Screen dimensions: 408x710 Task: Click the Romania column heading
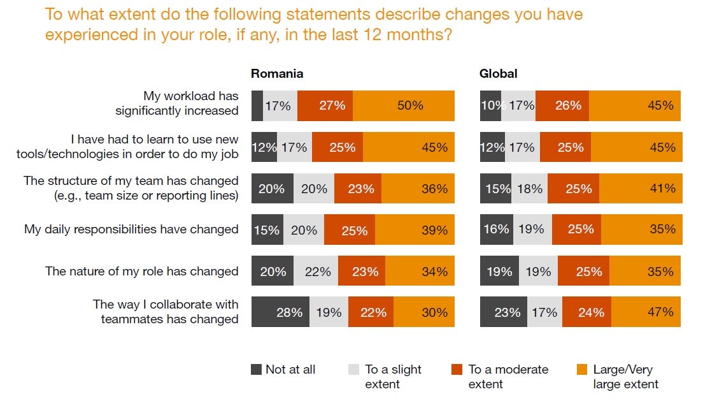[x=276, y=73]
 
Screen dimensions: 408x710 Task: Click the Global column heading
[x=498, y=73]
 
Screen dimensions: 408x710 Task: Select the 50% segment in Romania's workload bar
[x=404, y=106]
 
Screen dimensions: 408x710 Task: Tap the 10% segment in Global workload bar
[x=490, y=106]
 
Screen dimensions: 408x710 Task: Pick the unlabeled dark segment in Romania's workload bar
[x=257, y=106]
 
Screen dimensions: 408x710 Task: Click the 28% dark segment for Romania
[x=280, y=312]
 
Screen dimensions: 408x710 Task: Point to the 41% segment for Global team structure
[x=640, y=189]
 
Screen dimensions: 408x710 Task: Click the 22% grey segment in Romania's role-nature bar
[x=316, y=272]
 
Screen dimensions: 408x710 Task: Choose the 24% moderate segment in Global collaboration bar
[x=586, y=312]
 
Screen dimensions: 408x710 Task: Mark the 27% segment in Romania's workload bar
[x=325, y=106]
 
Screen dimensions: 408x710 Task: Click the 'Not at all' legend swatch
[x=257, y=370]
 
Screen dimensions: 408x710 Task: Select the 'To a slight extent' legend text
[x=392, y=377]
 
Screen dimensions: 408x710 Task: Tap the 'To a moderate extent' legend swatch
[x=457, y=370]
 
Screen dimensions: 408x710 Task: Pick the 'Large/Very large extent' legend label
[x=625, y=377]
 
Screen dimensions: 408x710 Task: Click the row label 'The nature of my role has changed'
[x=141, y=272]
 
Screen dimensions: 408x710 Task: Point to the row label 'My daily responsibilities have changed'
[x=131, y=229]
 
